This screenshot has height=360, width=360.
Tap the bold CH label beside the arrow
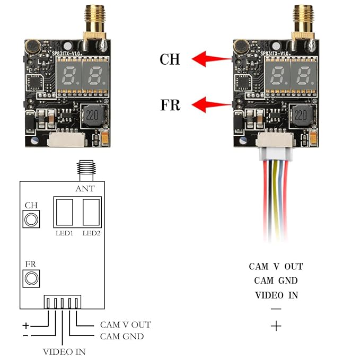[170, 59]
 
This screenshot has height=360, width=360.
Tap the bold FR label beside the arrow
[170, 105]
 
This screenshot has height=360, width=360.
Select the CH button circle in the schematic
[31, 218]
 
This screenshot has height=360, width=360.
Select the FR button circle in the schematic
[31, 277]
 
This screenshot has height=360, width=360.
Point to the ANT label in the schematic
[85, 188]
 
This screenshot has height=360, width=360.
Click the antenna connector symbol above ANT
[85, 169]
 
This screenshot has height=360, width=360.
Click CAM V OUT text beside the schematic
[125, 324]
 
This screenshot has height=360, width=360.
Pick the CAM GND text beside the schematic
[121, 336]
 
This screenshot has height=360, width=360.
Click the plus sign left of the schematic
[25, 324]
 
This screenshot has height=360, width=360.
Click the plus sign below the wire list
[276, 326]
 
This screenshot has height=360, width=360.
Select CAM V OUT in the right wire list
[276, 267]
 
